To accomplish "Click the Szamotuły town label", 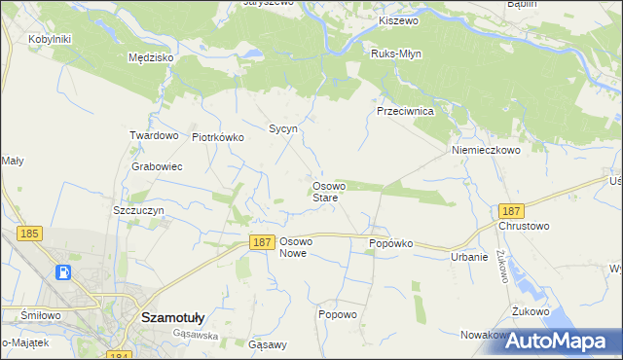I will coord(172,316).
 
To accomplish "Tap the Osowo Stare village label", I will coord(325,192).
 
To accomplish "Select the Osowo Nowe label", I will coord(295,247).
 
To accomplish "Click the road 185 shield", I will coord(29,234).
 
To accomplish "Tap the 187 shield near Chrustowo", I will coord(509,210).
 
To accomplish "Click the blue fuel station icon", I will coord(63,272).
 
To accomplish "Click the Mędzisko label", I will coord(151,57).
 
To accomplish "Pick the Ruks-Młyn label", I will coord(394,53).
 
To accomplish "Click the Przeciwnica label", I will coord(405,112).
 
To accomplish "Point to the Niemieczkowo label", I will coord(486,151).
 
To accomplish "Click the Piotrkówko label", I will coord(217,137).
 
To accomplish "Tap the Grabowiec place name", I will coord(157,166).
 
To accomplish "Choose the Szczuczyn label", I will coord(138,210).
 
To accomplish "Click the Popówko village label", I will coord(391,243).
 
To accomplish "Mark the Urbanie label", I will coord(468,257).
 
